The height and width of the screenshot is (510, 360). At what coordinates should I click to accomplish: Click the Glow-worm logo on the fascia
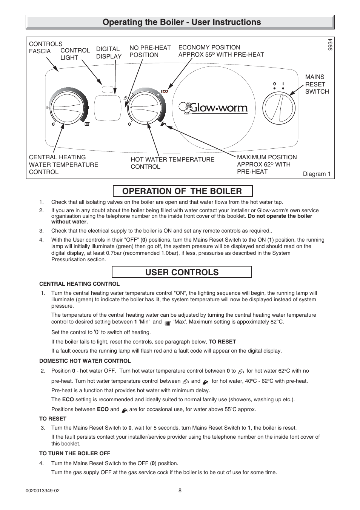213,108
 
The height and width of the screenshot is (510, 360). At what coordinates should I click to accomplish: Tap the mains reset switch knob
278,108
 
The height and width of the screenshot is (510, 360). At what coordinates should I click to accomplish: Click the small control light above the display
108,89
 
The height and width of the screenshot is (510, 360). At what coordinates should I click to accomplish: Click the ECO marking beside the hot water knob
164,91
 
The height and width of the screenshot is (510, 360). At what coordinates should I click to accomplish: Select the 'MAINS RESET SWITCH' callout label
317,84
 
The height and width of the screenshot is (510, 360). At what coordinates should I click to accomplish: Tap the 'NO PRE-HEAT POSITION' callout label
150,51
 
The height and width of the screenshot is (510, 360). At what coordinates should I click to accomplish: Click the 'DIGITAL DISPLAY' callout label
109,52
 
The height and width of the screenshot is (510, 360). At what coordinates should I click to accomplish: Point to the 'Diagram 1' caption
317,174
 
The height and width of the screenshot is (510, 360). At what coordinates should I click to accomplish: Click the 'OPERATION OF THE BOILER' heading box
182,191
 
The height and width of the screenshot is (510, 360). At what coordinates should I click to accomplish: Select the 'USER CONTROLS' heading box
182,272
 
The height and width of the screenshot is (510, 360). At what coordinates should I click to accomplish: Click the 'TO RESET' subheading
53,419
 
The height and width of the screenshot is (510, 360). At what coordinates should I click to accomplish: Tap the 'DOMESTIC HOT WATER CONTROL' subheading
85,361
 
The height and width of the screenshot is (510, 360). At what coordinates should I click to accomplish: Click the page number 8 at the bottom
180,491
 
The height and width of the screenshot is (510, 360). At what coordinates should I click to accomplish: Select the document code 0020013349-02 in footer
43,491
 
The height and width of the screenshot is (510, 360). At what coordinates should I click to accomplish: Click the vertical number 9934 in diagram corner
330,45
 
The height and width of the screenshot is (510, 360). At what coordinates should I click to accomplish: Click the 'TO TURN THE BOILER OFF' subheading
75,453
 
